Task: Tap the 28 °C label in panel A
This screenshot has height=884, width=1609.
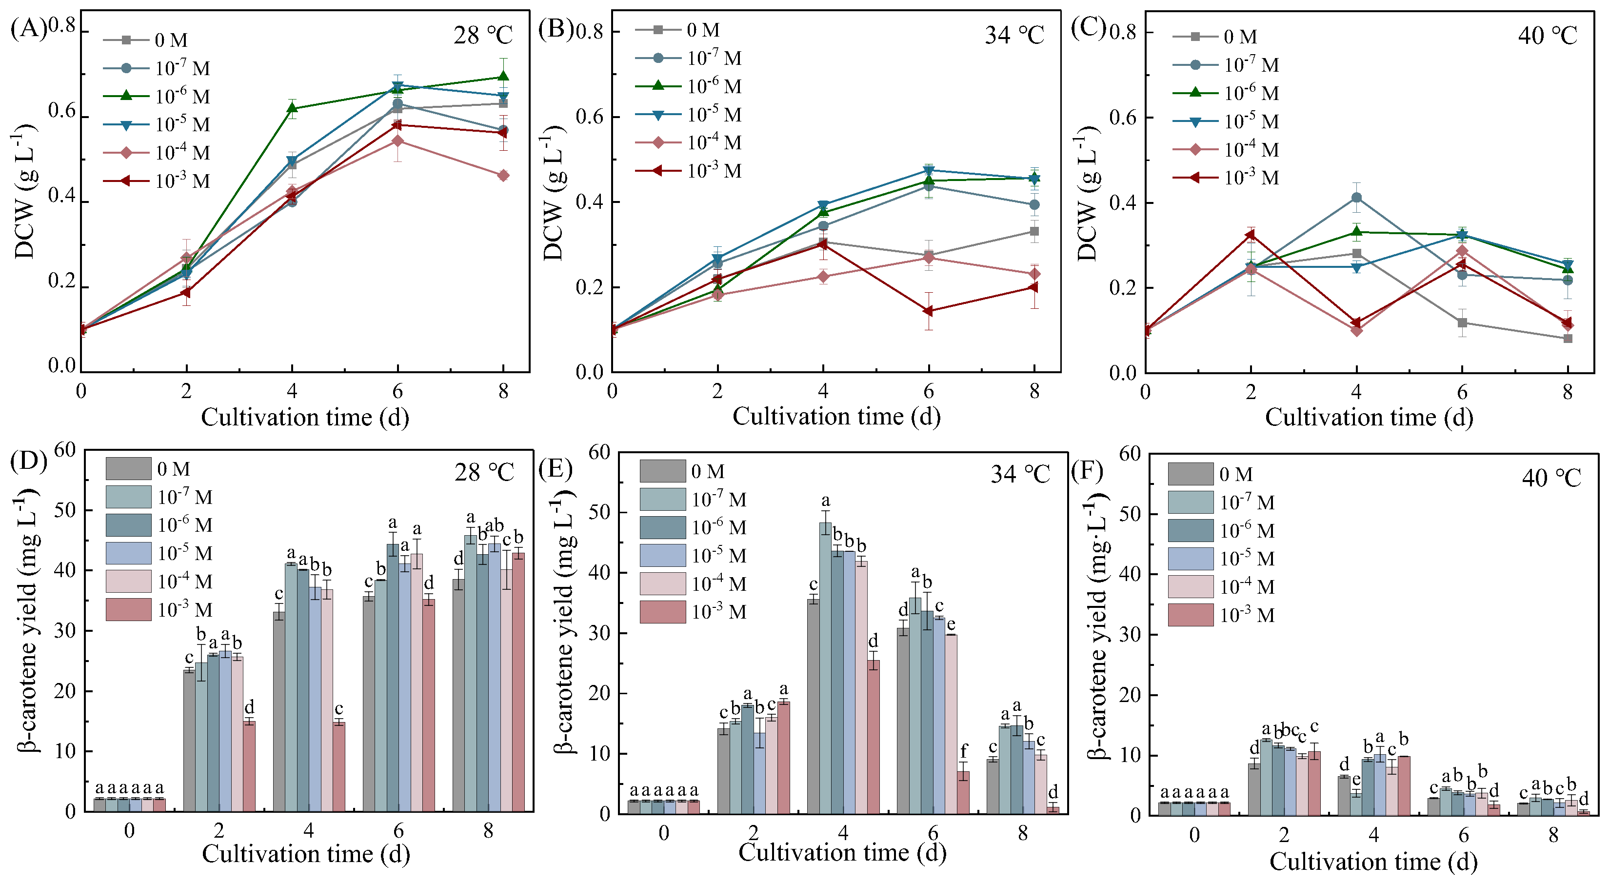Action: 483,35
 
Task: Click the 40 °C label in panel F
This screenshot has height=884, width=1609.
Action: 1551,478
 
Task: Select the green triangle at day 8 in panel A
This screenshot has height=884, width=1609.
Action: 503,77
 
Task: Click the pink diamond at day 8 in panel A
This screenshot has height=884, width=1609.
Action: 503,176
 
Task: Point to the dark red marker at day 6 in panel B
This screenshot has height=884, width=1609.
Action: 929,311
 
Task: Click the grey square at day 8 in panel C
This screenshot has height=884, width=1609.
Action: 1568,339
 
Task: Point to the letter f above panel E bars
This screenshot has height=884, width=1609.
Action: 964,751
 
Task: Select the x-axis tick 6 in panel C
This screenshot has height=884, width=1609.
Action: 1462,392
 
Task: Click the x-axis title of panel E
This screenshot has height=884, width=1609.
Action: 842,853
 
